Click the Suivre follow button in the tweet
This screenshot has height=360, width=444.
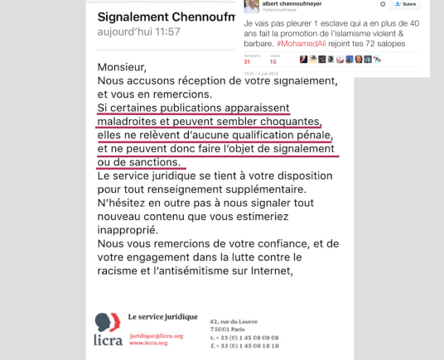pos(407,5)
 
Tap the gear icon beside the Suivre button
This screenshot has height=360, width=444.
pos(383,5)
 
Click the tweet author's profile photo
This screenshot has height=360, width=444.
pos(250,6)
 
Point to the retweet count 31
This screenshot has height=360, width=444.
pos(247,62)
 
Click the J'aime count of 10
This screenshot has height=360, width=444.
pos(273,62)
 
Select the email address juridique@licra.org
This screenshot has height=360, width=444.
pos(157,335)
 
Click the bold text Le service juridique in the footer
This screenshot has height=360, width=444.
pos(164,316)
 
